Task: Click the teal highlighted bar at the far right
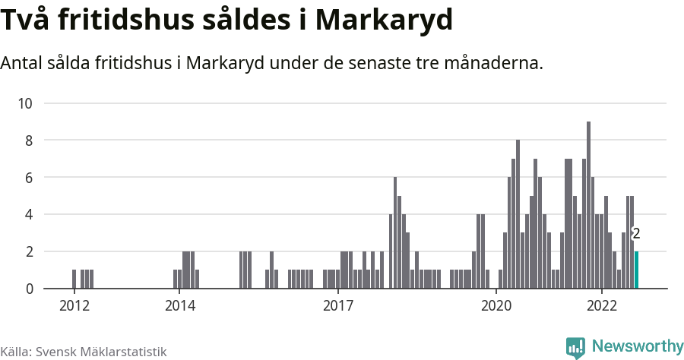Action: point(636,270)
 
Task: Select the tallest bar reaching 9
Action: point(588,205)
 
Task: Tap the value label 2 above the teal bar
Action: point(636,234)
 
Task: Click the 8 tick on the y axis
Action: point(30,141)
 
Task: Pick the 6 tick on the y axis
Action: point(30,178)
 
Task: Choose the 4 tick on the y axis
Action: point(30,215)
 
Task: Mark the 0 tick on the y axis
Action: point(30,289)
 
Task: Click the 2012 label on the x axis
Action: point(74,306)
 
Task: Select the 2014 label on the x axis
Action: point(179,306)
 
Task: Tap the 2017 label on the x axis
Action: point(338,306)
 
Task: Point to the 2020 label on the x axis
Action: point(497,306)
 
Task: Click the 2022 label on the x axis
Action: point(602,306)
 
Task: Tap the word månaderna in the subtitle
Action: point(496,63)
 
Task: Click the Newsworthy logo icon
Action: point(575,347)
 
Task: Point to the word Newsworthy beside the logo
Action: point(637,346)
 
